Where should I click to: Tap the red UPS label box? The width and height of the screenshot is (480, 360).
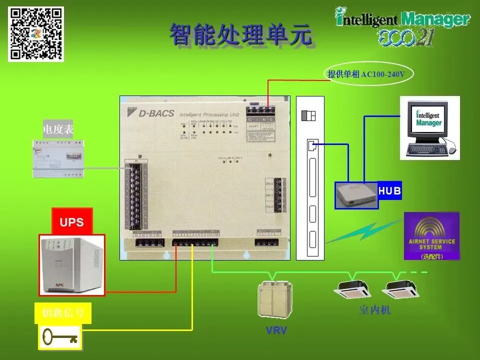pyautogui.click(x=72, y=222)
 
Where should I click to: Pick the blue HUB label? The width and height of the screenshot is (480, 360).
pyautogui.click(x=390, y=191)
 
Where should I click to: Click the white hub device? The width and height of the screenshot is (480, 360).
pyautogui.click(x=356, y=194)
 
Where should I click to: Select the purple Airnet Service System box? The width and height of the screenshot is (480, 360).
pyautogui.click(x=431, y=236)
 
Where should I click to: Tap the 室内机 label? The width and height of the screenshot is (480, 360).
pyautogui.click(x=375, y=310)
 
